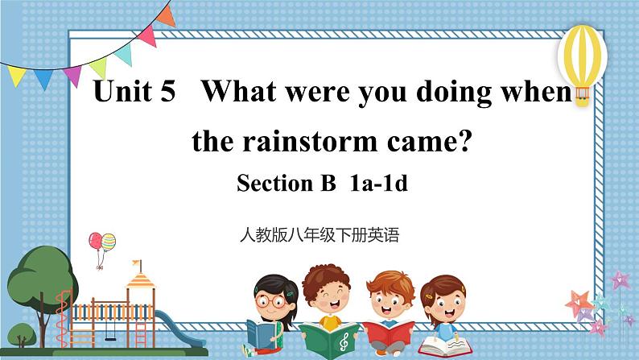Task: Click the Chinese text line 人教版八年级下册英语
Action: pos(319,236)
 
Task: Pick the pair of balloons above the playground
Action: pos(102,242)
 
